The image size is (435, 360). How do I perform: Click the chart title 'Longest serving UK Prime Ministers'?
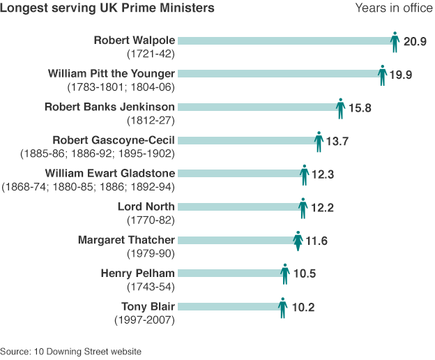pos(107,8)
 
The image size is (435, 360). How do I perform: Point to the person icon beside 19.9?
pos(382,75)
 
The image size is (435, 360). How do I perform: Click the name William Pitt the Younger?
pos(112,73)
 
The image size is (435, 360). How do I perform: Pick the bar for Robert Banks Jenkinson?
pos(258,107)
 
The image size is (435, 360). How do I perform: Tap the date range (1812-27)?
pos(150,121)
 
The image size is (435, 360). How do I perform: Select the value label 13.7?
pos(337,141)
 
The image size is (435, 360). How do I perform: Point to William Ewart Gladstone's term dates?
pos(89,187)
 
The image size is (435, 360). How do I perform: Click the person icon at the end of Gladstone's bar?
pos(304,174)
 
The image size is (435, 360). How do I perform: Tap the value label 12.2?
pos(321,208)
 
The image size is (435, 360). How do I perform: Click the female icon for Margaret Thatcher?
pos(298,241)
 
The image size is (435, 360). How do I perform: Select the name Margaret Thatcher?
pos(126,240)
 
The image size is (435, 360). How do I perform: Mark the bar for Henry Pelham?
pos(230,273)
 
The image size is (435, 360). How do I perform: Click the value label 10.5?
pos(304,274)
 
